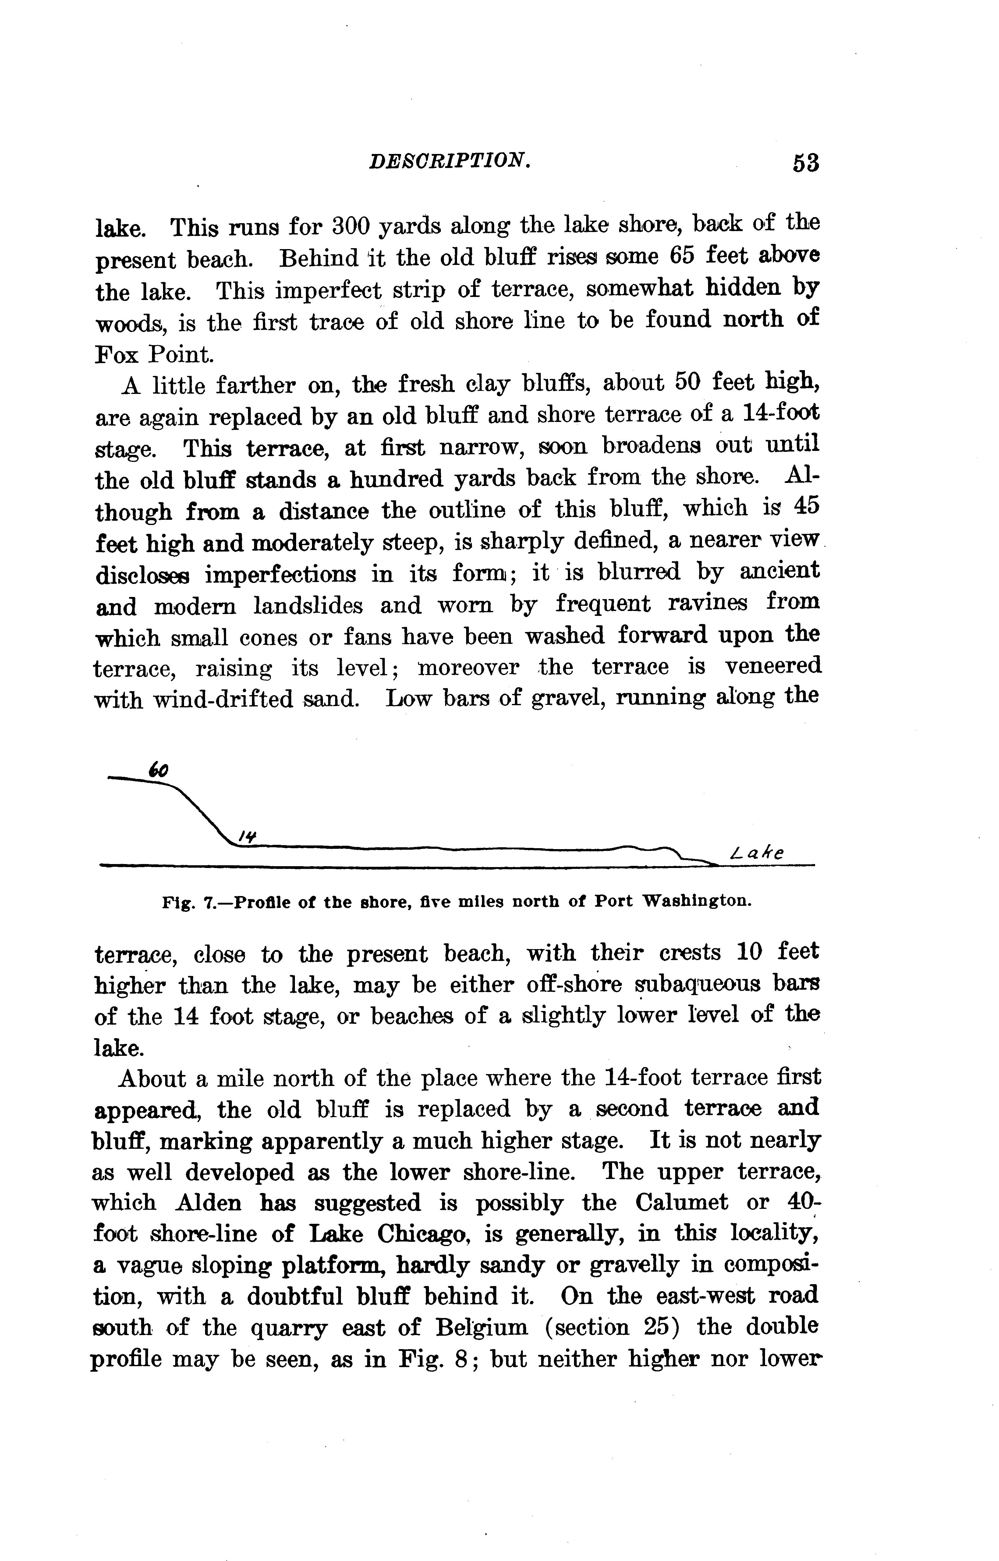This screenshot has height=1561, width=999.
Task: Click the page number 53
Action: tap(805, 162)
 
